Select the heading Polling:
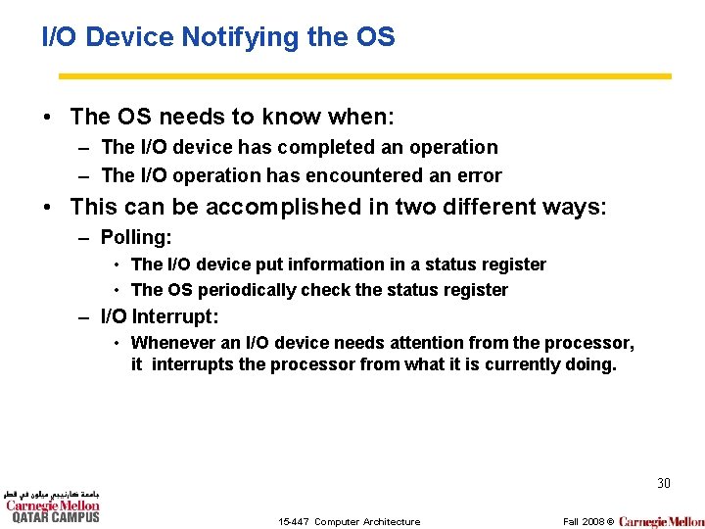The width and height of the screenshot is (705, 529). (136, 236)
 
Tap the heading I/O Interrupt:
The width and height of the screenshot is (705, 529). (160, 316)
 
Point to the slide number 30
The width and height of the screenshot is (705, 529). (663, 483)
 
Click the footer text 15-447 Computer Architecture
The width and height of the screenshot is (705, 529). (349, 521)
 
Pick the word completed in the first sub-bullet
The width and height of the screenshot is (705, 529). (324, 147)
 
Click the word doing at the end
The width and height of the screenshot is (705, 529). (592, 365)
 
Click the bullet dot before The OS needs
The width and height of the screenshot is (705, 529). (47, 118)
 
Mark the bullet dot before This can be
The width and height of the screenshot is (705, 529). (47, 208)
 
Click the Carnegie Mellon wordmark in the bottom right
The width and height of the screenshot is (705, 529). (661, 521)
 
